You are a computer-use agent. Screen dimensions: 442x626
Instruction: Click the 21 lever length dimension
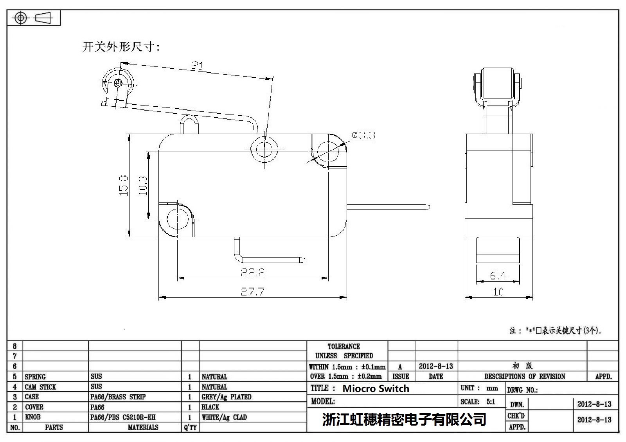point(197,66)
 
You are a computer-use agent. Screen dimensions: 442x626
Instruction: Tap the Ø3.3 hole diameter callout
point(363,136)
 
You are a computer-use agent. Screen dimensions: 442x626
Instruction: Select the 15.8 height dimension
point(124,186)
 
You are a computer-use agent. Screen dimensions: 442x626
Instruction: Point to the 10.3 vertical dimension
point(143,186)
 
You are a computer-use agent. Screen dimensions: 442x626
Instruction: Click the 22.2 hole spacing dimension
point(252,272)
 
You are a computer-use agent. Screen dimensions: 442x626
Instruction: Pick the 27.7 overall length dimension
point(252,292)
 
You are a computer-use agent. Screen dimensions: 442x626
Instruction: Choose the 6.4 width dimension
point(498,276)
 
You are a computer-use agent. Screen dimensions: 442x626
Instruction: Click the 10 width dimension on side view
point(498,292)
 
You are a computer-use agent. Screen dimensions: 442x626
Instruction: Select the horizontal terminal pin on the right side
point(388,207)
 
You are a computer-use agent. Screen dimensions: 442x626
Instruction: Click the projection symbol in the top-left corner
point(34,18)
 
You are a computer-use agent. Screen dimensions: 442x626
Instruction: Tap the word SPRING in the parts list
point(35,377)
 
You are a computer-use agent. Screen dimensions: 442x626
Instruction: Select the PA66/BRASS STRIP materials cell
point(118,397)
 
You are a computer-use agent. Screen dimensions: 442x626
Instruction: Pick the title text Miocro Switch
point(376,388)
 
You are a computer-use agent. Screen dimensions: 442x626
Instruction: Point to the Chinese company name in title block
point(404,419)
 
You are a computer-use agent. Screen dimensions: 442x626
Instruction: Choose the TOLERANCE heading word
point(344,347)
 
